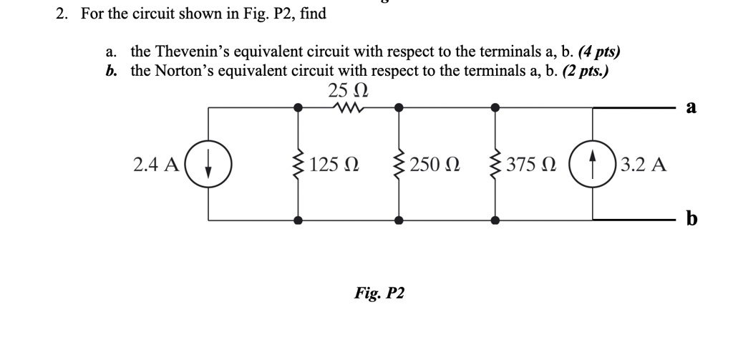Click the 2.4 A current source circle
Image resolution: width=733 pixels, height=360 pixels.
coord(208,165)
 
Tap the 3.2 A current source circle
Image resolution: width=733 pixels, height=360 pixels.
coord(593,165)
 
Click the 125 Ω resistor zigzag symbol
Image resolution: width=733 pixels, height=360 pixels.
coord(298,165)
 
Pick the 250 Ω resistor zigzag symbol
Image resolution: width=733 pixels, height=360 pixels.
coord(399,165)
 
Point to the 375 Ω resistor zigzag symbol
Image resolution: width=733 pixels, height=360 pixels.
coord(495,165)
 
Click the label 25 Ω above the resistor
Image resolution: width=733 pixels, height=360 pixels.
coord(348,91)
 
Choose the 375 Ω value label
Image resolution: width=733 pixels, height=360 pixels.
coord(530,165)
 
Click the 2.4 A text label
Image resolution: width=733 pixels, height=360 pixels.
coord(156,165)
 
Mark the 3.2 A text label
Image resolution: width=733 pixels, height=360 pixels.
coord(644,165)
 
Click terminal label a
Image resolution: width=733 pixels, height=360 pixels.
coord(690,107)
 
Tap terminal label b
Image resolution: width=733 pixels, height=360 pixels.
coord(691,219)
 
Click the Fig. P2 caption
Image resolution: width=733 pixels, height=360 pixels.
coord(379,293)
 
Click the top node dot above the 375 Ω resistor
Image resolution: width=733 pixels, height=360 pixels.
coord(495,108)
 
